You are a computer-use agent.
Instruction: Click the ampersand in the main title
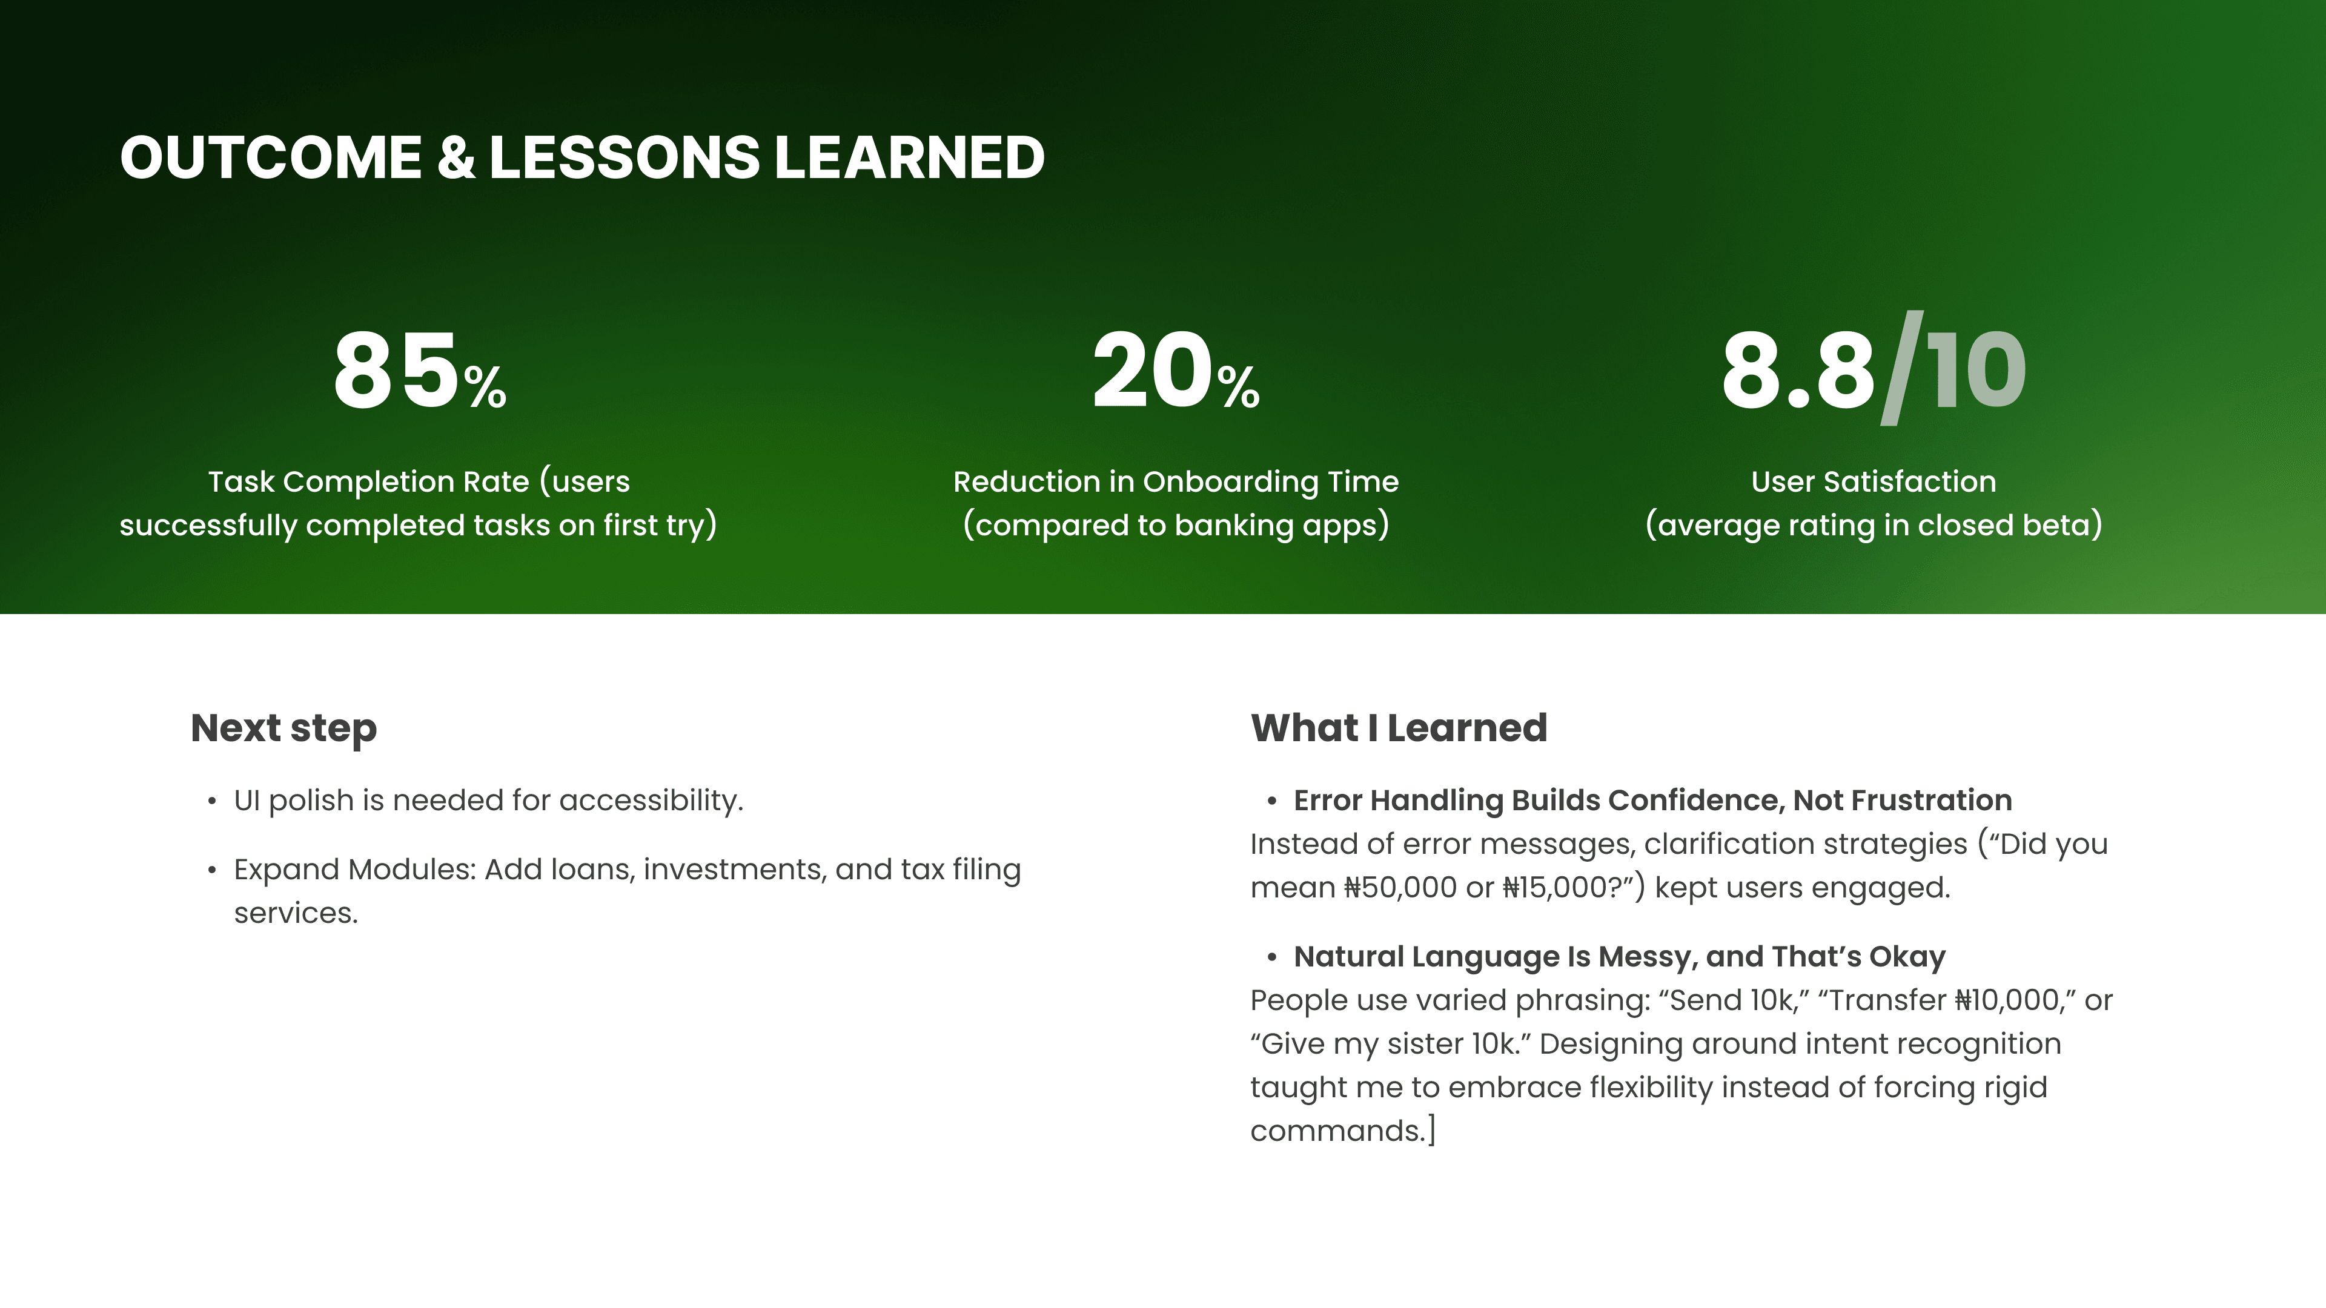point(456,157)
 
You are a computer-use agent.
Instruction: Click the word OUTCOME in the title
point(271,157)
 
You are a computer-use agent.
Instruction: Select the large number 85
point(396,370)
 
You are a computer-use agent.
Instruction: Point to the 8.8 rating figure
point(1798,370)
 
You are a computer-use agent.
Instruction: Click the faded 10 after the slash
point(1976,370)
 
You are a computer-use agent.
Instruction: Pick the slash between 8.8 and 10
point(1901,368)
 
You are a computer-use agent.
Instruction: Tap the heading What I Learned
point(1399,727)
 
